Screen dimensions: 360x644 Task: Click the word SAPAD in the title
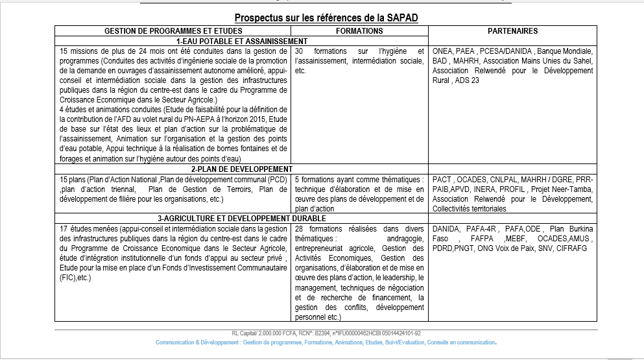[394, 18]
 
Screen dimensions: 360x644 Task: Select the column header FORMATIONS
[360, 31]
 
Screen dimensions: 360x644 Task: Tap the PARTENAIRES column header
[512, 31]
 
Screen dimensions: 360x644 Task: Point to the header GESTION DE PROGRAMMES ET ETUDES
[174, 31]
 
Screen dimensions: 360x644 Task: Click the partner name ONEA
[442, 51]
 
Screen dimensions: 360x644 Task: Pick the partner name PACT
[442, 179]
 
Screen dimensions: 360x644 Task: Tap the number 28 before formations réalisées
[300, 230]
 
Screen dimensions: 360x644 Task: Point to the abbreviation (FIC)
[68, 278]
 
